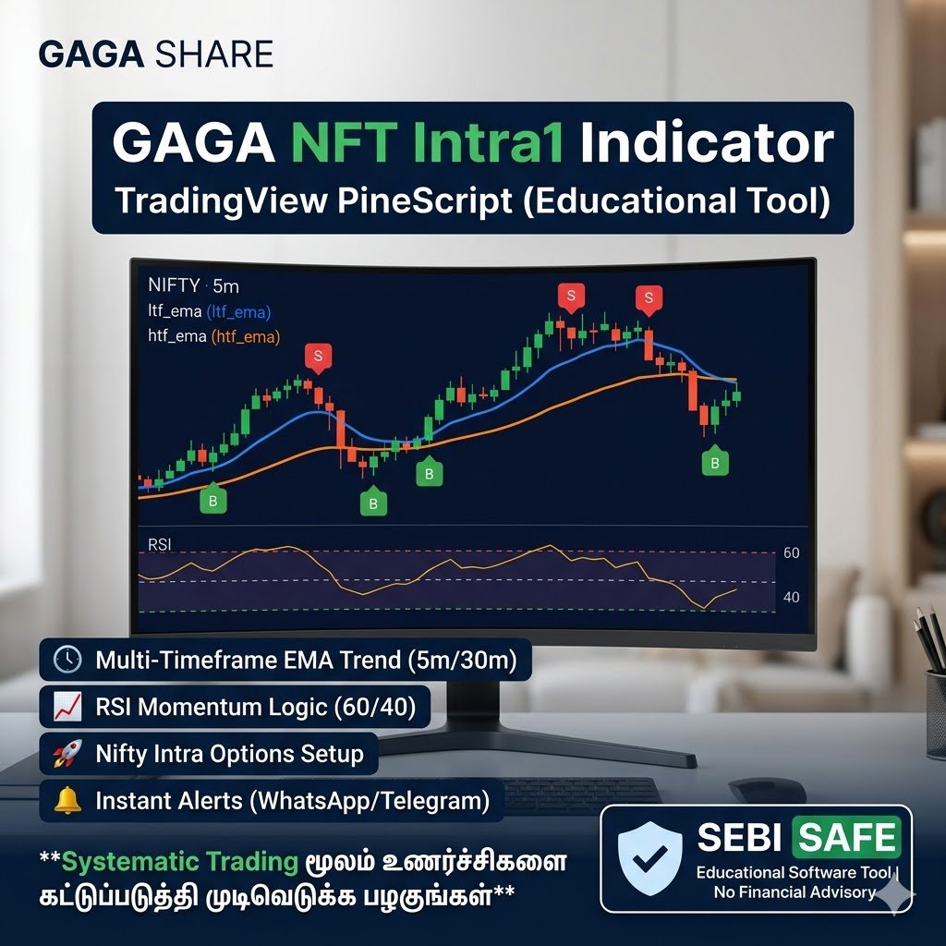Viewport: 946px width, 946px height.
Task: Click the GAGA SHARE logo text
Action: [155, 55]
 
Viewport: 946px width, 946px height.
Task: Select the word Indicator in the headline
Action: [707, 144]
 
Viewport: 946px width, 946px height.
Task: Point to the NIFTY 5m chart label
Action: [193, 285]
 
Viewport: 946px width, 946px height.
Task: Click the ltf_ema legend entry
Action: [209, 311]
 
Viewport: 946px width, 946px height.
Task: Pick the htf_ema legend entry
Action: [213, 336]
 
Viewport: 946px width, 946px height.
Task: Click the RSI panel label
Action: [161, 545]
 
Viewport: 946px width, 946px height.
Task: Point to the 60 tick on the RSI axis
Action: [791, 553]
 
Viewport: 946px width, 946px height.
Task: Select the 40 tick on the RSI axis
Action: [791, 598]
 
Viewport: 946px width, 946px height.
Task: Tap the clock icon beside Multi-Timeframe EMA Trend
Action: [67, 660]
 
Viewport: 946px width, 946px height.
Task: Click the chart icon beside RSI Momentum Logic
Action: [67, 707]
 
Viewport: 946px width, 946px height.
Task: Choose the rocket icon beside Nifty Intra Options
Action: [67, 754]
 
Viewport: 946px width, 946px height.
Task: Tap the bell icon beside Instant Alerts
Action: [67, 801]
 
